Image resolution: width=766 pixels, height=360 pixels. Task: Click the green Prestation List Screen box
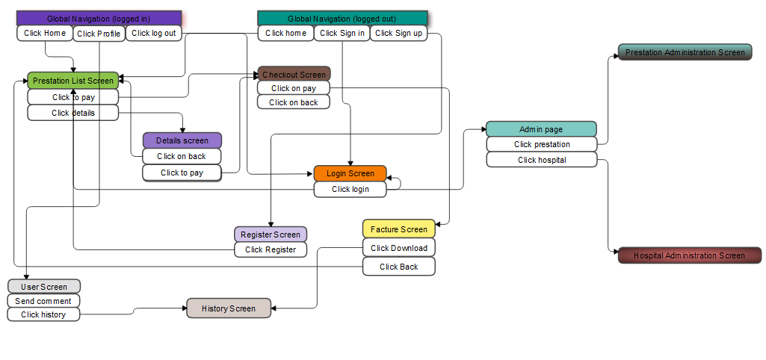(x=72, y=81)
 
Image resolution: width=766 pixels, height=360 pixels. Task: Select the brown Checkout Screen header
(x=294, y=74)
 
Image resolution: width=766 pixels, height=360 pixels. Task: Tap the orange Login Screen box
(x=350, y=173)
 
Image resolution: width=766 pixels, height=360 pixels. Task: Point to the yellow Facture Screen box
(x=398, y=229)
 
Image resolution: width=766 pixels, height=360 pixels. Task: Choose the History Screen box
(x=229, y=308)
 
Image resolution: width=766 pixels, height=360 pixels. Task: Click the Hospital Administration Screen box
(x=689, y=255)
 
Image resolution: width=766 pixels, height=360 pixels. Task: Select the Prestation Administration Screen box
(x=685, y=52)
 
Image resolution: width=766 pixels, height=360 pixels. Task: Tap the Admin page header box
(x=541, y=129)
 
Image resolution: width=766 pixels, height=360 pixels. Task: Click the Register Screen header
(x=271, y=234)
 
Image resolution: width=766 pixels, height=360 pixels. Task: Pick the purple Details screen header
(x=182, y=140)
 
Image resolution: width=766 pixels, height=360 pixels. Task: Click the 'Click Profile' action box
(x=99, y=34)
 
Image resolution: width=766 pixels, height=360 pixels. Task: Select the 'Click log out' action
(x=154, y=33)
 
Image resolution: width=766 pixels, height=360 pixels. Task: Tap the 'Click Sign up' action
(x=398, y=33)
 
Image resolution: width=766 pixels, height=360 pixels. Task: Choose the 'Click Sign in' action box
(x=342, y=33)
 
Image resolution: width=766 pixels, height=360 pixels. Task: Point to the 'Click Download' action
(x=398, y=248)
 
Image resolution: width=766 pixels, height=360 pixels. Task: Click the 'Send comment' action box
(x=43, y=301)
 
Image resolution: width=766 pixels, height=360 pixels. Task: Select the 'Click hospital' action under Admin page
(x=542, y=160)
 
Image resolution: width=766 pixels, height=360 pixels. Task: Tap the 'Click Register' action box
(x=271, y=249)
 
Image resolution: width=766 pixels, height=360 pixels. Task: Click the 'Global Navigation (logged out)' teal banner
(x=342, y=19)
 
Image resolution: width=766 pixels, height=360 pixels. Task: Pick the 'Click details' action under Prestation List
(x=72, y=113)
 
